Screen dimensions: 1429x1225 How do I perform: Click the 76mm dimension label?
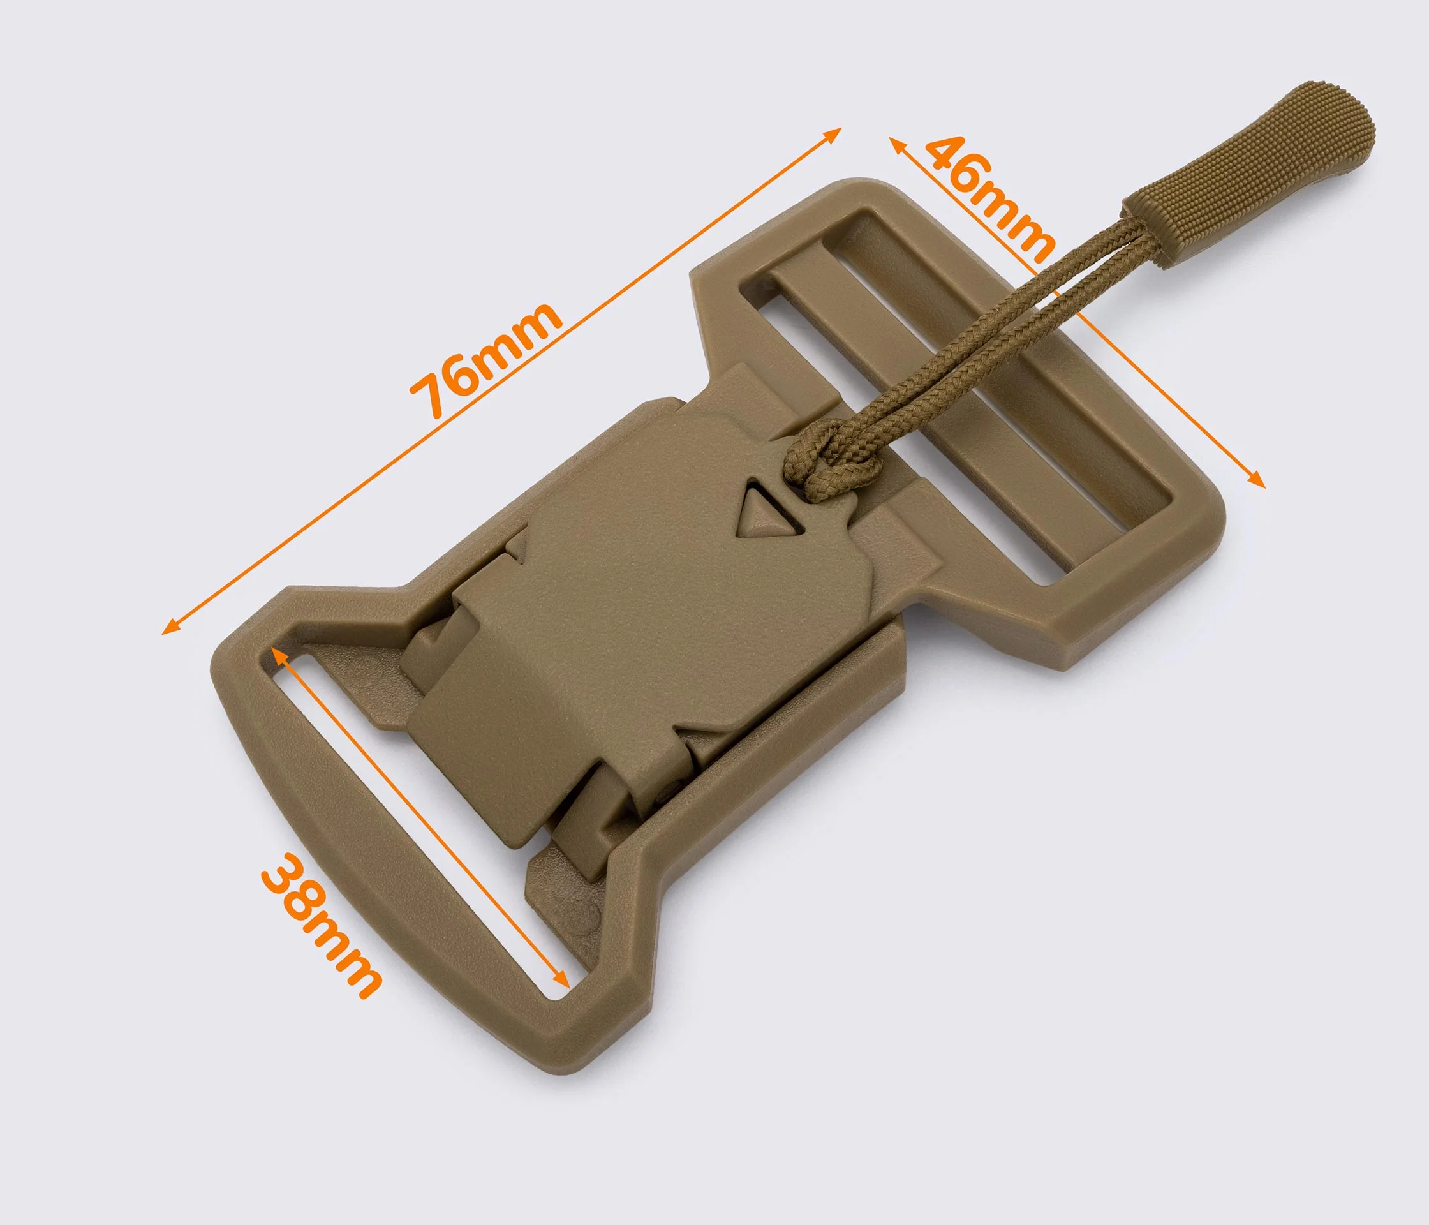click(487, 360)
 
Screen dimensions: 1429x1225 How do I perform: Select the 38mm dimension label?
click(321, 926)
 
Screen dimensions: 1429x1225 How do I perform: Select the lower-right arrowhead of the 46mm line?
click(1257, 479)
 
